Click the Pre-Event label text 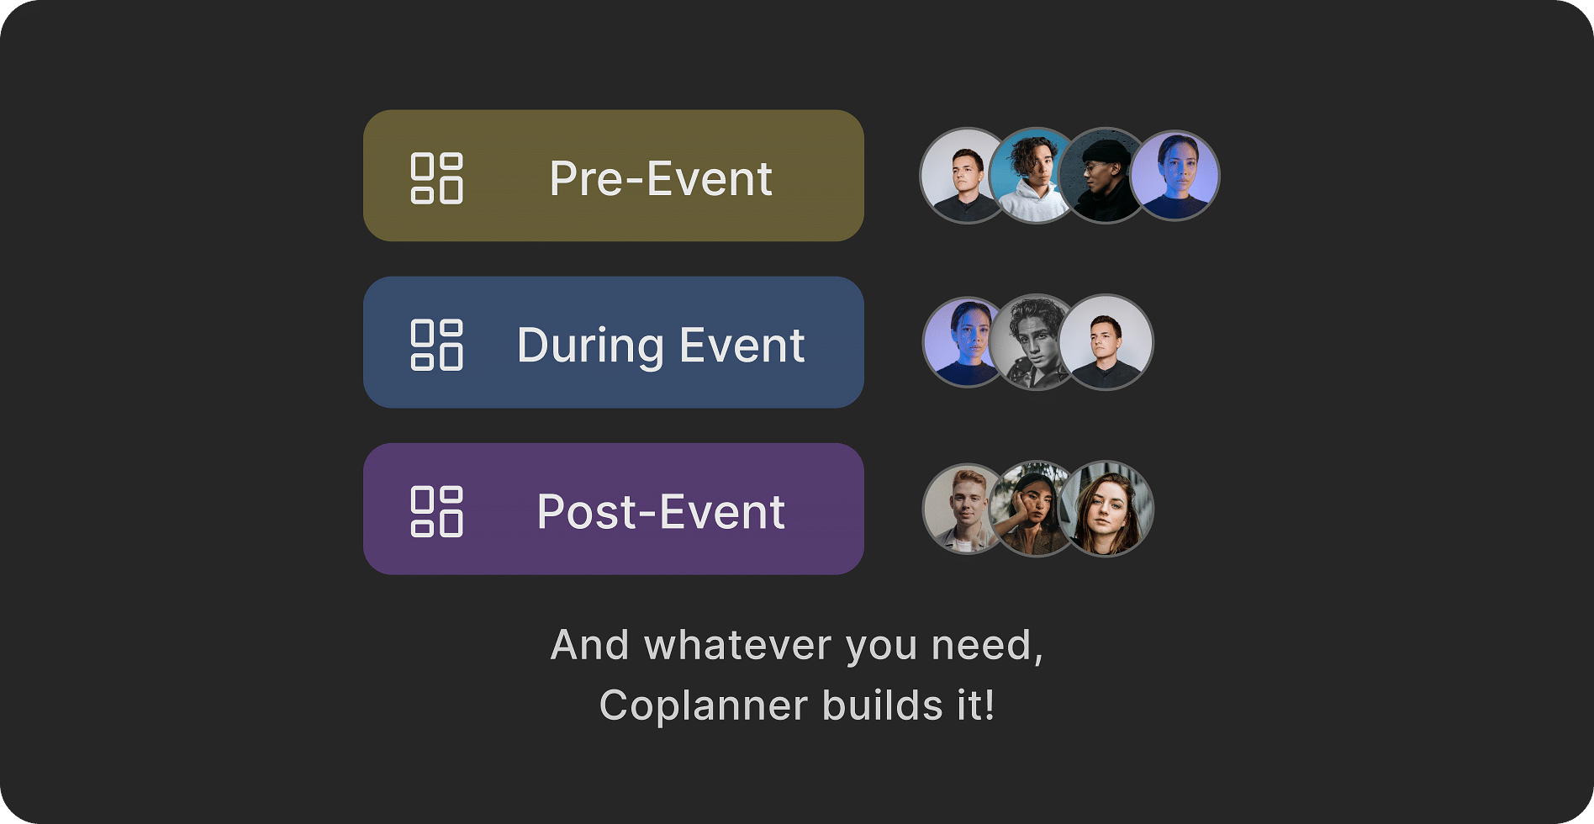point(661,178)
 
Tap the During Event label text point(661,346)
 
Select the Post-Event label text point(661,512)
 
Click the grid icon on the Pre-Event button point(436,178)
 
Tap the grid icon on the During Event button point(436,345)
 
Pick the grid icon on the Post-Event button point(436,511)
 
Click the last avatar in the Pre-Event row point(1174,175)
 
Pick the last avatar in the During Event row point(1106,341)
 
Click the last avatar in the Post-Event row point(1106,509)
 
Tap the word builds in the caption point(883,705)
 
